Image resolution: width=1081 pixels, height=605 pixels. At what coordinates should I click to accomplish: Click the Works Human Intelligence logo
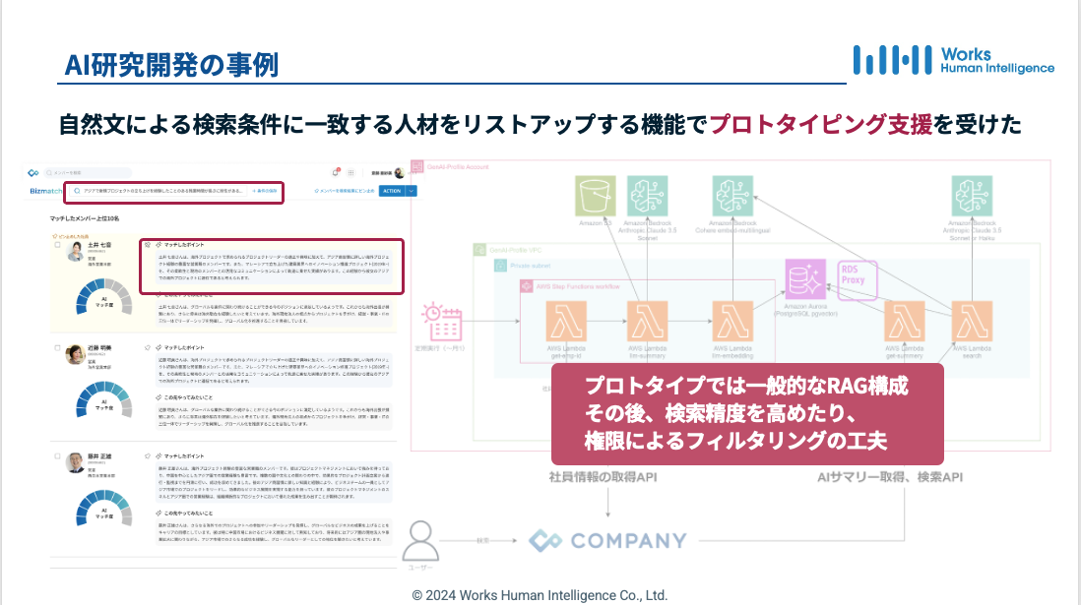pyautogui.click(x=952, y=60)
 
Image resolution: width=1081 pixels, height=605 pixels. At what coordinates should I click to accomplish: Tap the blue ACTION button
pyautogui.click(x=391, y=191)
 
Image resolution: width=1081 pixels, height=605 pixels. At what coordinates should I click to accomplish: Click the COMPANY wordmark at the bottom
pyautogui.click(x=607, y=540)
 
